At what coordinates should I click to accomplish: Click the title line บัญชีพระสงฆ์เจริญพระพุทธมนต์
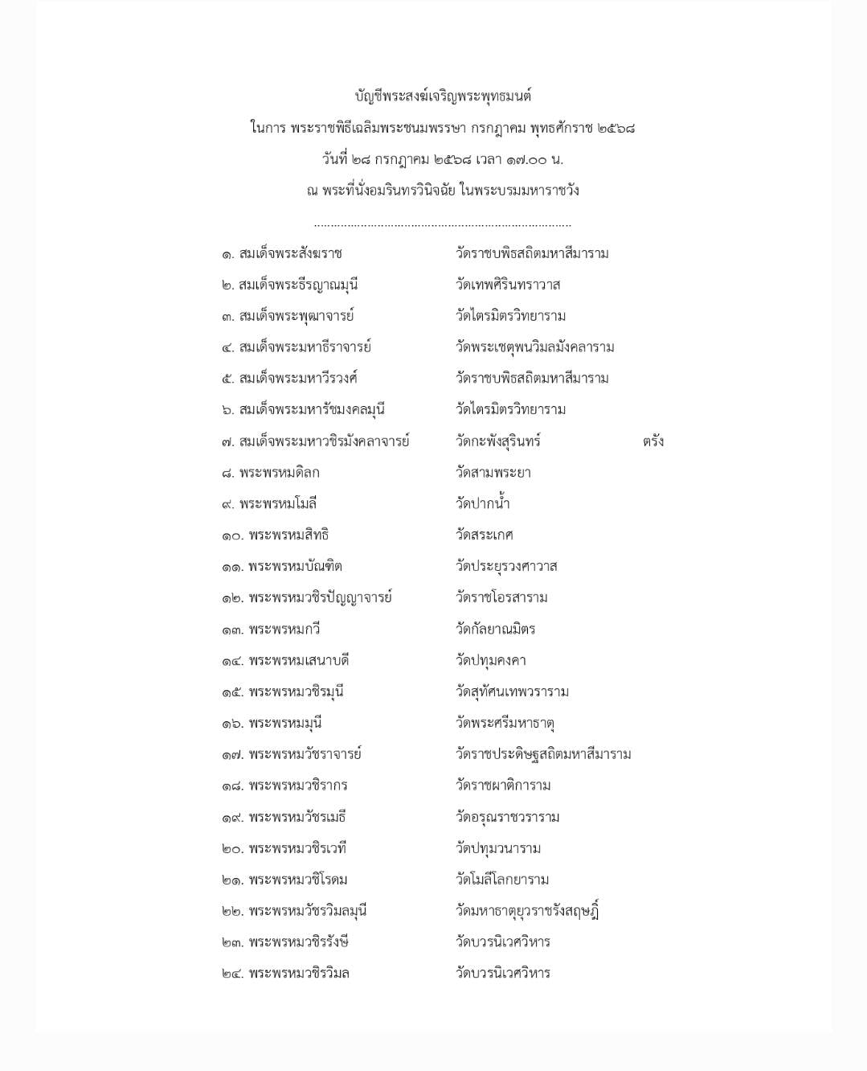point(443,96)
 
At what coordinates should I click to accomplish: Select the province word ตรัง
point(652,441)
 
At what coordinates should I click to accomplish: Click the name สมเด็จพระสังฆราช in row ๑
point(290,254)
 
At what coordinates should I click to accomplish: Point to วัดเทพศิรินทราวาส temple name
point(508,285)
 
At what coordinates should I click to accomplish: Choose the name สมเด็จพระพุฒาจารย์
point(296,316)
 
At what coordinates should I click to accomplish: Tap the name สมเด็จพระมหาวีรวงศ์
point(298,379)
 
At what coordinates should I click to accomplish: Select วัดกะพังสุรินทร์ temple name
point(497,441)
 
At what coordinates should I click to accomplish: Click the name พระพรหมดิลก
point(279,473)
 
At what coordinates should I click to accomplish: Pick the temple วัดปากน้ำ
point(482,504)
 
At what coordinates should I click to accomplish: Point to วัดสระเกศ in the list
point(484,535)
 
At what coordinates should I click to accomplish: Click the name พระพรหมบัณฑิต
point(295,567)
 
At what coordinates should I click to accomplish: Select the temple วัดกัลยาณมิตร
point(495,630)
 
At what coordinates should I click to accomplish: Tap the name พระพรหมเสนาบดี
point(298,661)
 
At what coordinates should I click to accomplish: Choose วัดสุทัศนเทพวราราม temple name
point(512,692)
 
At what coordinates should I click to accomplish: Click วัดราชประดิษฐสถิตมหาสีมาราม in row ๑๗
point(543,754)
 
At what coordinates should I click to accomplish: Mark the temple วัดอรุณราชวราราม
point(507,818)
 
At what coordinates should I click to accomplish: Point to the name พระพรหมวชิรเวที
point(297,849)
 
